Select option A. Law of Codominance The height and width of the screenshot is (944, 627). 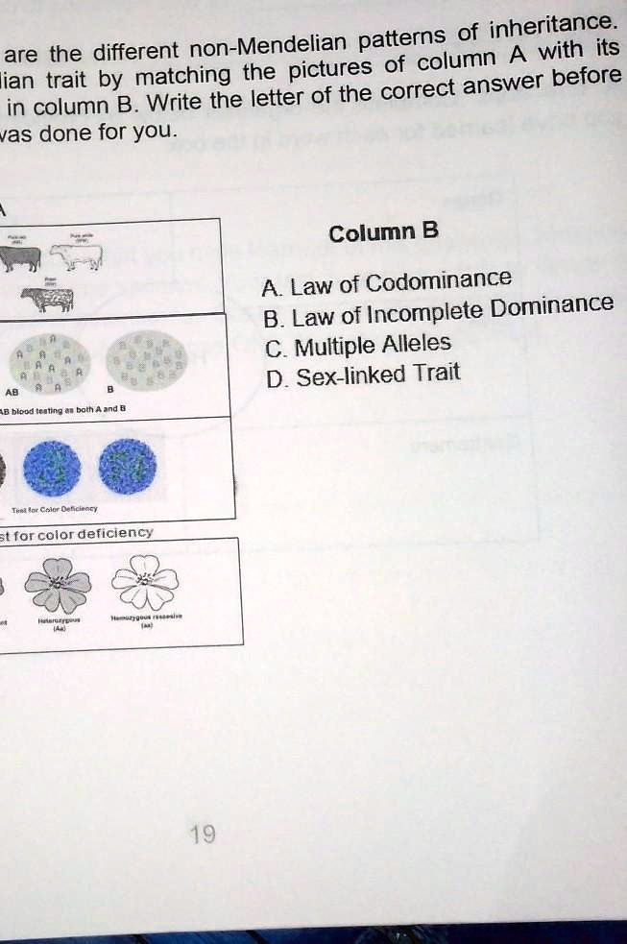pos(387,282)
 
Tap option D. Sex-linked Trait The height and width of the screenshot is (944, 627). pos(364,375)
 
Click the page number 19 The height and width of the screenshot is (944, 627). pos(203,834)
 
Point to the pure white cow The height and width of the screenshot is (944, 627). pos(76,254)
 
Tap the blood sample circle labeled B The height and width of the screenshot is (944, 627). pos(144,360)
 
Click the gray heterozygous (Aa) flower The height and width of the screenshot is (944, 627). pos(59,584)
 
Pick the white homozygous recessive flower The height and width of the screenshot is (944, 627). pos(145,582)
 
